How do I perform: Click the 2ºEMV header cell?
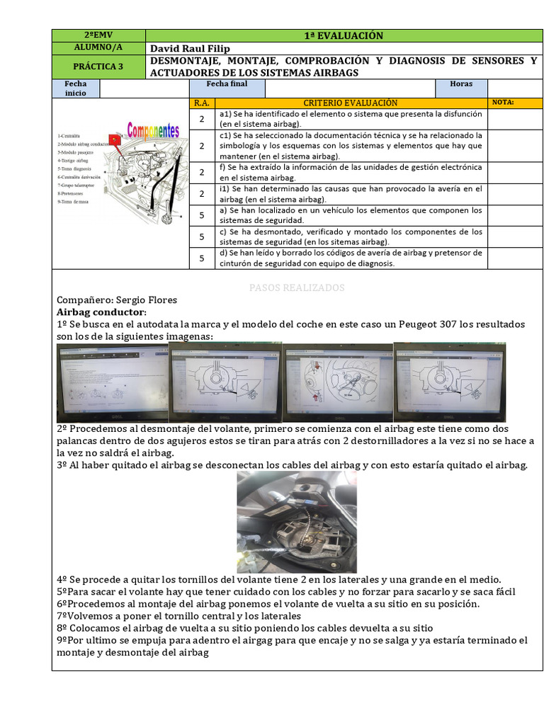pyautogui.click(x=98, y=35)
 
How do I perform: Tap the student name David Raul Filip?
pyautogui.click(x=191, y=48)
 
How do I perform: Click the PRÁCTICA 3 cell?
pyautogui.click(x=98, y=67)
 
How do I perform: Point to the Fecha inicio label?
pyautogui.click(x=76, y=89)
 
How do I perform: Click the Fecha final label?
pyautogui.click(x=227, y=84)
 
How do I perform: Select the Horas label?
pyautogui.click(x=461, y=84)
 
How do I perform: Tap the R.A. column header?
pyautogui.click(x=201, y=103)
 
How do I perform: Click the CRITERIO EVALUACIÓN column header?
pyautogui.click(x=350, y=103)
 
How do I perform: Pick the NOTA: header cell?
pyautogui.click(x=503, y=103)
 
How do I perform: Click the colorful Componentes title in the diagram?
pyautogui.click(x=153, y=131)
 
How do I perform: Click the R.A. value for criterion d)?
pyautogui.click(x=201, y=258)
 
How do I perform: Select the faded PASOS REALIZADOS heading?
pyautogui.click(x=297, y=288)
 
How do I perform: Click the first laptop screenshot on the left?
pyautogui.click(x=112, y=382)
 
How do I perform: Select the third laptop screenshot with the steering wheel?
pyautogui.click(x=338, y=382)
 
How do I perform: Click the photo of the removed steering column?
pyautogui.click(x=297, y=522)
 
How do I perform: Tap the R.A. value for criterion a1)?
pyautogui.click(x=201, y=119)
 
